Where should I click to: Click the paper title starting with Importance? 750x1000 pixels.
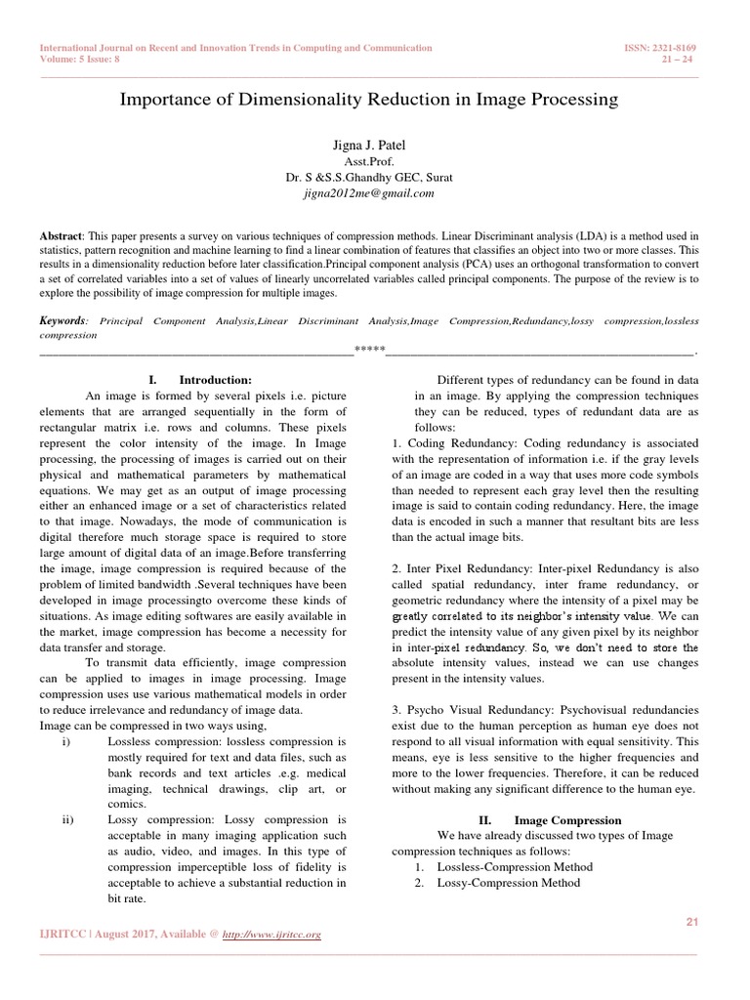(368, 100)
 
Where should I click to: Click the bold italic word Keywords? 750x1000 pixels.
(62, 320)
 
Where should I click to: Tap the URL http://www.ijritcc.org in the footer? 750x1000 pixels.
(273, 935)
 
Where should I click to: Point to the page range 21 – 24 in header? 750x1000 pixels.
(692, 58)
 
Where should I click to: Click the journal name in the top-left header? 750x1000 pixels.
(235, 47)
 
